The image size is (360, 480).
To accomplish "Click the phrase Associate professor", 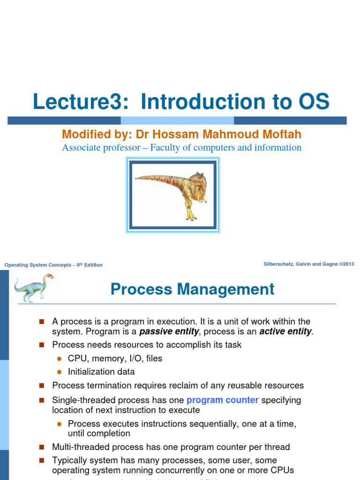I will (100, 148).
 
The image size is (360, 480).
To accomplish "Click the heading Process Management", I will (192, 289).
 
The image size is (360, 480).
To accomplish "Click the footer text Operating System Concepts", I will (37, 265).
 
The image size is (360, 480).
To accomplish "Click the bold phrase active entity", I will (285, 331).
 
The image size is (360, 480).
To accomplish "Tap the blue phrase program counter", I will (222, 400).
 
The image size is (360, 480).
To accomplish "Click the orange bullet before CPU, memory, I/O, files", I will (60, 359).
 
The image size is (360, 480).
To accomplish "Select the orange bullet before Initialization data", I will (60, 372).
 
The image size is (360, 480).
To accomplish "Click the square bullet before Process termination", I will (41, 386).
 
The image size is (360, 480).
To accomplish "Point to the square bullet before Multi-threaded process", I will (41, 447).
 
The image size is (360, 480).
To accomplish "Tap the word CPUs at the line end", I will (282, 470).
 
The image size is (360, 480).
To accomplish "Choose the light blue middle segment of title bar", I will (177, 120).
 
